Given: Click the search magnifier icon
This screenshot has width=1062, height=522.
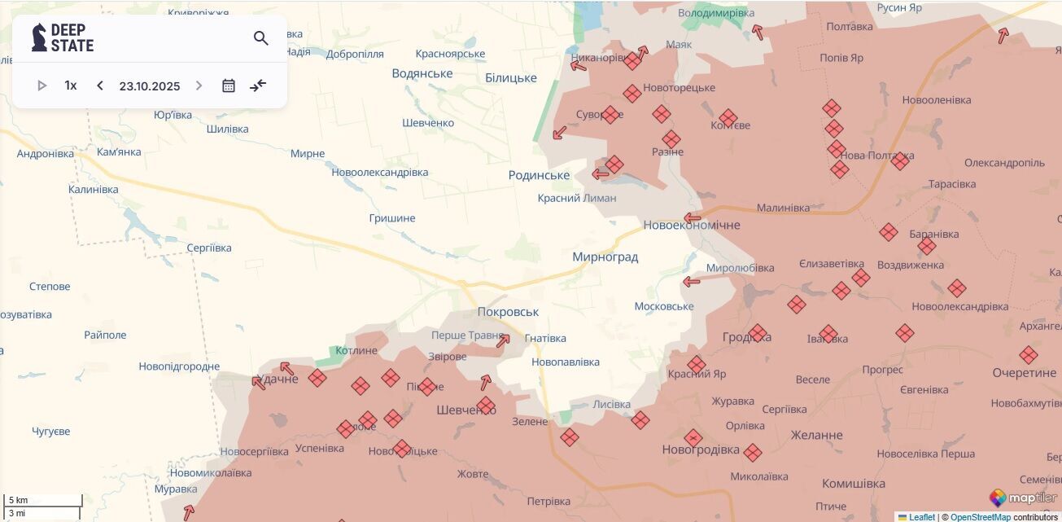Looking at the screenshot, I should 260,38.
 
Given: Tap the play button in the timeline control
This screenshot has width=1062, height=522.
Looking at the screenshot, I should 42,86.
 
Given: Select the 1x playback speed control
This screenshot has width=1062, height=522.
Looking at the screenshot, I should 71,86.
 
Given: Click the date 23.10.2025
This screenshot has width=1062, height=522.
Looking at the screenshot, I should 150,86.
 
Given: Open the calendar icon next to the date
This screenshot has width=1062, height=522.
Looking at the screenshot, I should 229,86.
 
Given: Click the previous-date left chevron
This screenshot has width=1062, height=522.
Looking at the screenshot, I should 100,86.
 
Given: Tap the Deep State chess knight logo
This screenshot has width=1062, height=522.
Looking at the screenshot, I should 39,37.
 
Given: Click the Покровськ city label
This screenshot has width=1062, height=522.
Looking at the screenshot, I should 508,312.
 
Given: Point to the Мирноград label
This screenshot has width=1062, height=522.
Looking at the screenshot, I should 605,257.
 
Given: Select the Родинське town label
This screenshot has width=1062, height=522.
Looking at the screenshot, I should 539,176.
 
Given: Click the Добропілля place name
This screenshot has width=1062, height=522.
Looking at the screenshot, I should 355,54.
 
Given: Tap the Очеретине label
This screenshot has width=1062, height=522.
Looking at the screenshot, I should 1024,373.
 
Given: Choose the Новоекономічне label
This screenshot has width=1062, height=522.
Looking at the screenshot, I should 692,225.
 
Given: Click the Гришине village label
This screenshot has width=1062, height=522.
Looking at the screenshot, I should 392,218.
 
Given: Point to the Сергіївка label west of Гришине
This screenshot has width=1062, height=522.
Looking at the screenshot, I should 209,248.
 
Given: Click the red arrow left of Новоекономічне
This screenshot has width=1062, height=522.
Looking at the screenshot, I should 692,217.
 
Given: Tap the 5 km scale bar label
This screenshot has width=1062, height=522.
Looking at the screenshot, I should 19,500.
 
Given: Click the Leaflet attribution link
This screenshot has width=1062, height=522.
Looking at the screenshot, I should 921,517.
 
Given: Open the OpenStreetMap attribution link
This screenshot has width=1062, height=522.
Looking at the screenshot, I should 980,517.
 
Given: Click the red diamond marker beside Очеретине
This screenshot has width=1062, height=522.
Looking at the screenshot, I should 1029,355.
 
